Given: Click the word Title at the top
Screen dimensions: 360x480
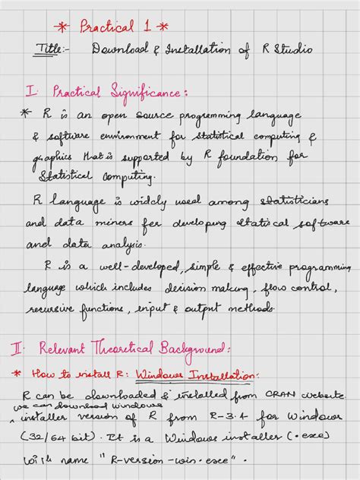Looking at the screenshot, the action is pyautogui.click(x=51, y=49).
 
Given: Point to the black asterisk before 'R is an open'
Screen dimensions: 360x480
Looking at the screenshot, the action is pyautogui.click(x=26, y=115).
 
